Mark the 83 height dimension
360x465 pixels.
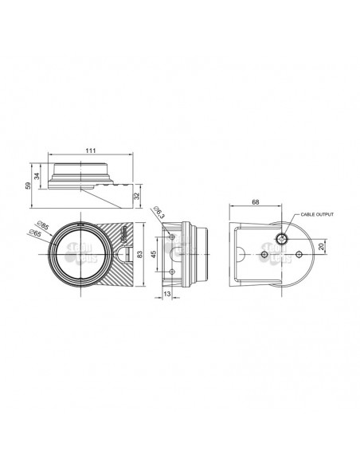[x=141, y=254]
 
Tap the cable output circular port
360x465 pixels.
[x=284, y=238]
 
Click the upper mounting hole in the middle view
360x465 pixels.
[x=173, y=236]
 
